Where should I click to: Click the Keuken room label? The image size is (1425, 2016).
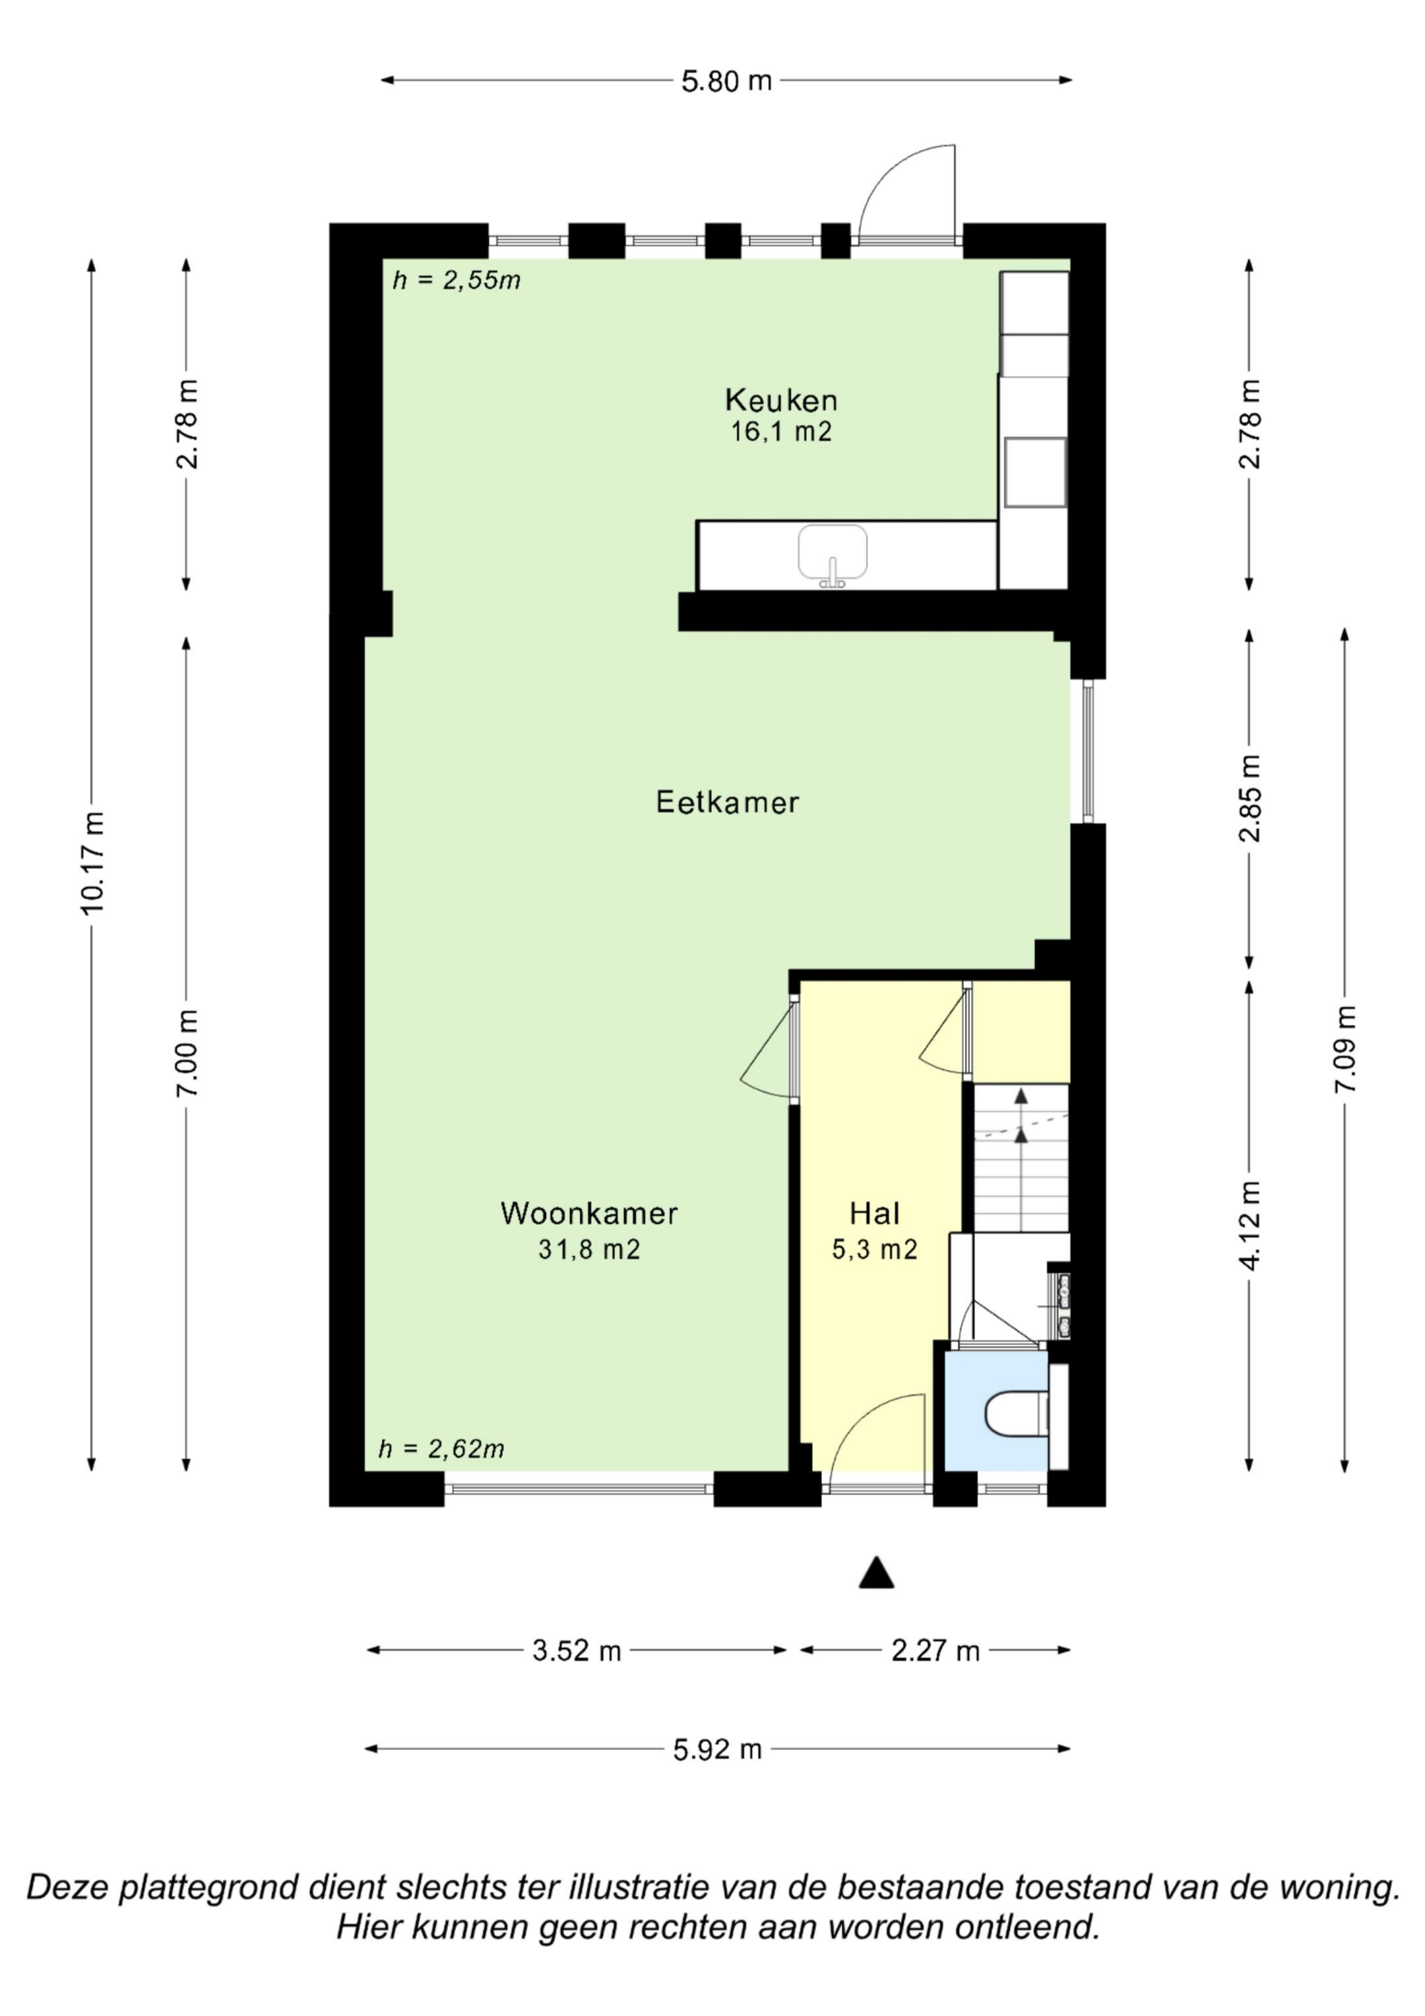(x=780, y=401)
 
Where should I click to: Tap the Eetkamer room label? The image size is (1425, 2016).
(x=727, y=802)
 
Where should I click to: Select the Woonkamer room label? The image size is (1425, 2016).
(x=589, y=1214)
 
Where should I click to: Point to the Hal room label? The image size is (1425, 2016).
(x=875, y=1214)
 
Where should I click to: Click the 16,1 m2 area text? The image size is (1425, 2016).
(x=780, y=432)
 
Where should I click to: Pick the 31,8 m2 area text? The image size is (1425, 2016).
(x=589, y=1249)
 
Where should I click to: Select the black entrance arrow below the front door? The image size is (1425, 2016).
(x=876, y=1573)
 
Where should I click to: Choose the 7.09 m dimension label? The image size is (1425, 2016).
(x=1346, y=1049)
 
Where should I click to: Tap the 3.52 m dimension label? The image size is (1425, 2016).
(x=576, y=1650)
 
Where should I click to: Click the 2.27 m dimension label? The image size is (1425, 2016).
(x=935, y=1650)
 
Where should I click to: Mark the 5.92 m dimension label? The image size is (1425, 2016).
(x=717, y=1749)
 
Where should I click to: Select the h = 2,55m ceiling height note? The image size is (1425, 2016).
(x=457, y=280)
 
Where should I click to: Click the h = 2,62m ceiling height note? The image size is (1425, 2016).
(x=441, y=1448)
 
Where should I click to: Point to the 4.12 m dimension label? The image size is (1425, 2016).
(x=1250, y=1225)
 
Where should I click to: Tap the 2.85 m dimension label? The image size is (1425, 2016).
(x=1250, y=798)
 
